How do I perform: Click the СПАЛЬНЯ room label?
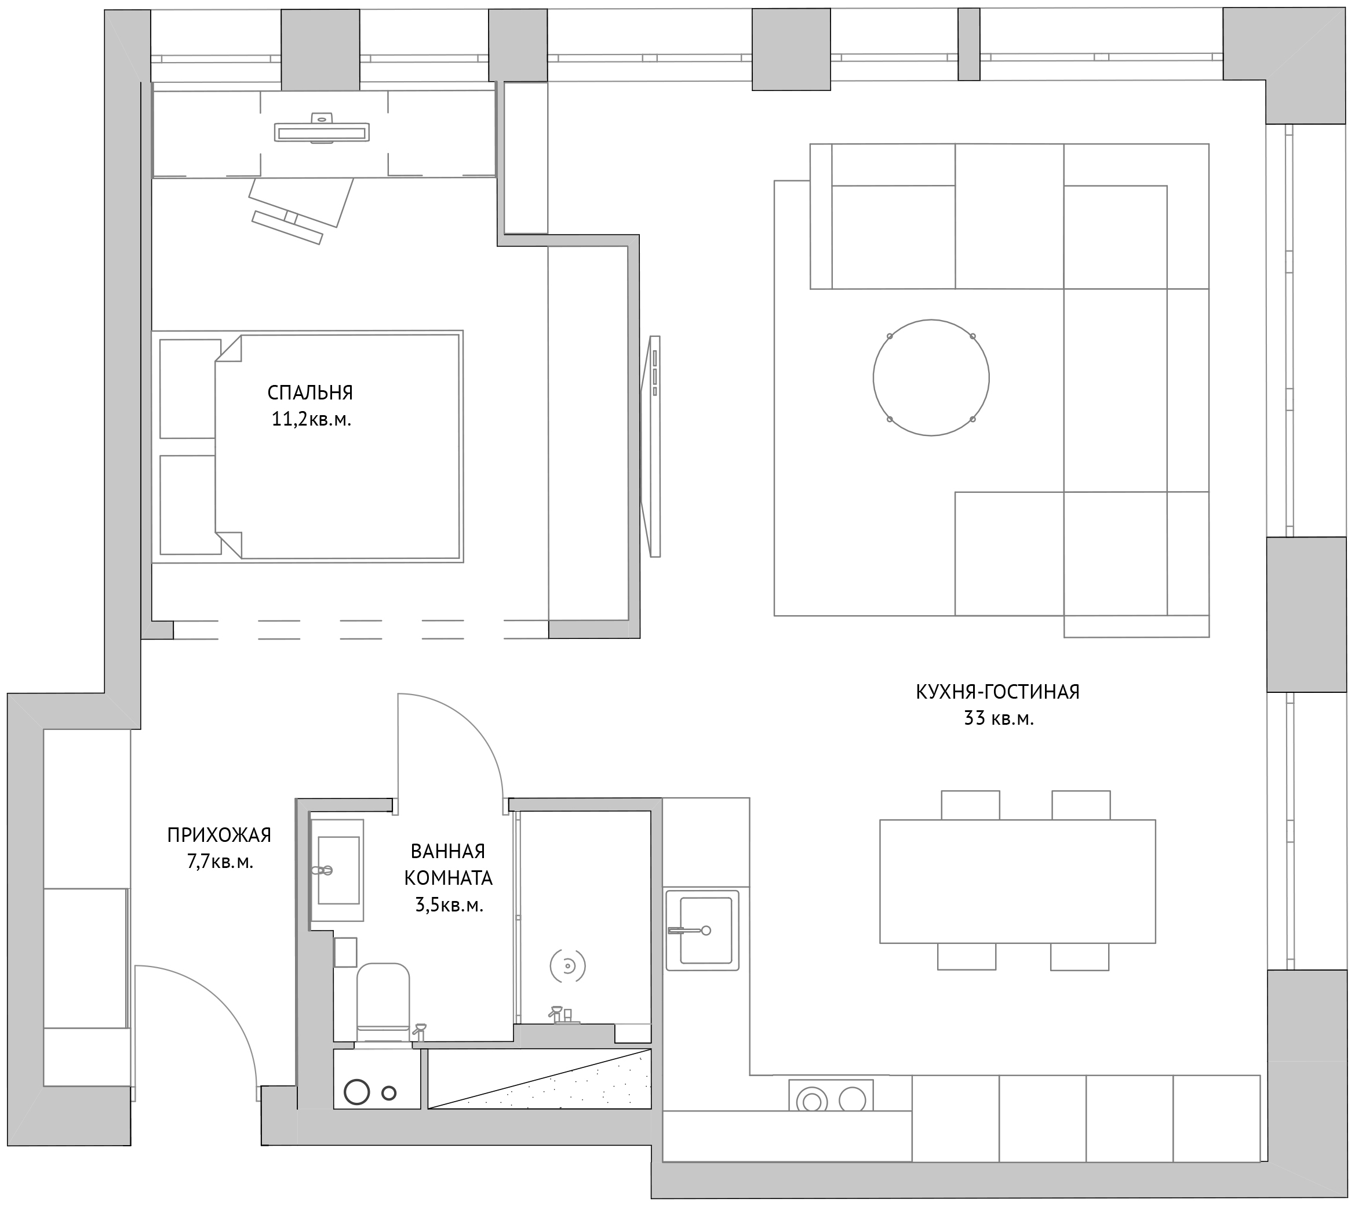pyautogui.click(x=310, y=393)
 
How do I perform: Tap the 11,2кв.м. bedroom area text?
pyautogui.click(x=311, y=419)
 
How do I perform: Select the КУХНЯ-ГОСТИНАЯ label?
pyautogui.click(x=997, y=692)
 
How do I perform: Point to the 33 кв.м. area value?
pyautogui.click(x=999, y=718)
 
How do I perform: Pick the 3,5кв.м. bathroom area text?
pyautogui.click(x=449, y=905)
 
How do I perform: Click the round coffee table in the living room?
pyautogui.click(x=931, y=377)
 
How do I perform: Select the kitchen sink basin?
pyautogui.click(x=702, y=930)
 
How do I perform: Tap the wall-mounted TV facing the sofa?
pyautogui.click(x=651, y=446)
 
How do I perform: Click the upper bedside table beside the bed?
pyautogui.click(x=190, y=388)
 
